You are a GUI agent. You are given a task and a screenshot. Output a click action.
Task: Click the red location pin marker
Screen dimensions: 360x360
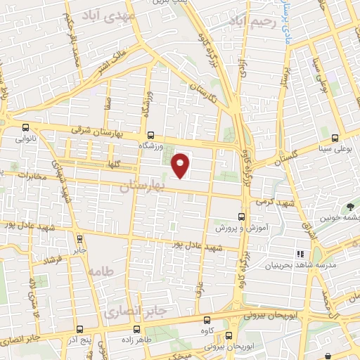(x=181, y=165)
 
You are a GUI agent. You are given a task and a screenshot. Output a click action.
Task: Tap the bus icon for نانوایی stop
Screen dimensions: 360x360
(x=26, y=128)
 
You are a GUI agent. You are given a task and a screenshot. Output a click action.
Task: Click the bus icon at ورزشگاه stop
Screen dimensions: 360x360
(x=150, y=135)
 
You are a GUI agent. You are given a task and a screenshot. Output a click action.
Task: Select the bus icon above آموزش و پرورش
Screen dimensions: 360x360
(x=241, y=217)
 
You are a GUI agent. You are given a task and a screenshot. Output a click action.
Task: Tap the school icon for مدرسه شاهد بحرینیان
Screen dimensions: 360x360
(x=300, y=253)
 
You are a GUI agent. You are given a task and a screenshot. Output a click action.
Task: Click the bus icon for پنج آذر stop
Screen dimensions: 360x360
(x=79, y=329)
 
